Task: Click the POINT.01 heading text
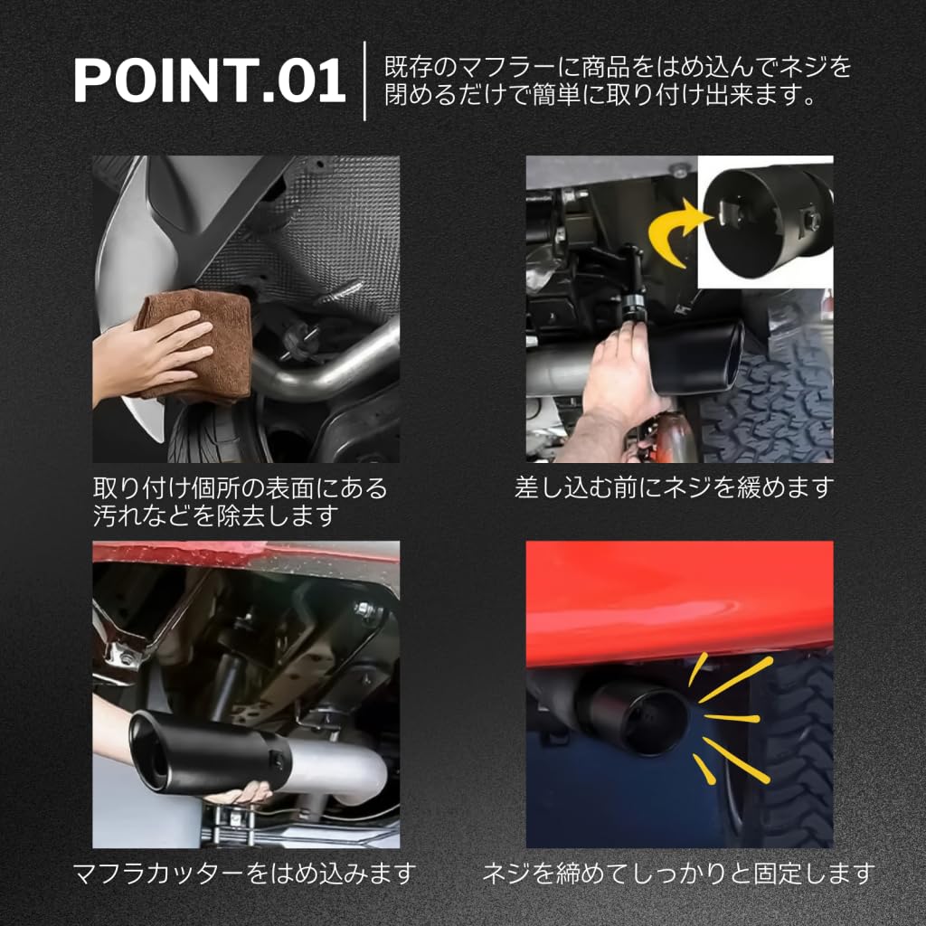[x=209, y=81]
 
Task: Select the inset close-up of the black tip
[x=764, y=222]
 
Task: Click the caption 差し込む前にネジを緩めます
[x=673, y=488]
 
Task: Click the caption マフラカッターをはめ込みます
[x=244, y=874]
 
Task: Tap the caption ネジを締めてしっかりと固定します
[x=678, y=874]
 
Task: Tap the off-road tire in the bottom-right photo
[x=796, y=751]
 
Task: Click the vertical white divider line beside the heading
[x=364, y=80]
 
